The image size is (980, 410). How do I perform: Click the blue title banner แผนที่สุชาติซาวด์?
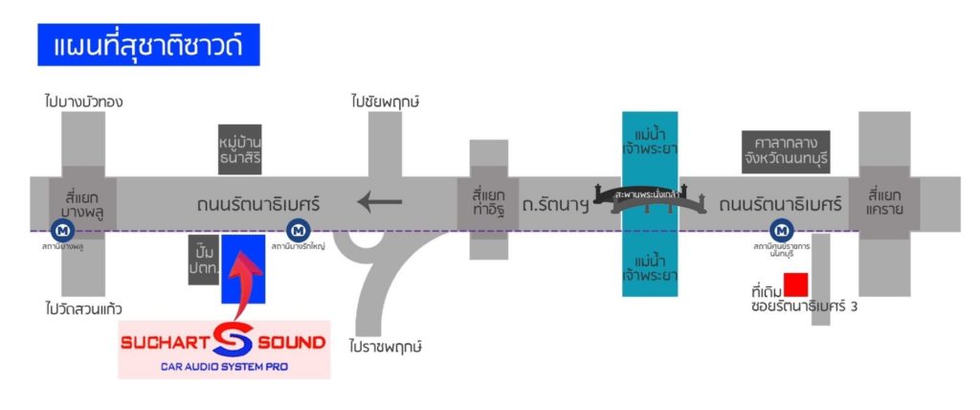click(148, 45)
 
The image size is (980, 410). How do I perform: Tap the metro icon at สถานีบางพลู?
click(62, 230)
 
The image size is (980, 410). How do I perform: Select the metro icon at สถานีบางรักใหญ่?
click(300, 230)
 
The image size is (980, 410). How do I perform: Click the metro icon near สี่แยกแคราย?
click(783, 230)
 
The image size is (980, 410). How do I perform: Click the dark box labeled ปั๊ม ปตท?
click(204, 259)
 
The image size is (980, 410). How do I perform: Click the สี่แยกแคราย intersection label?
click(889, 203)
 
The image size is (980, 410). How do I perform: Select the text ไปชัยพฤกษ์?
click(387, 101)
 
